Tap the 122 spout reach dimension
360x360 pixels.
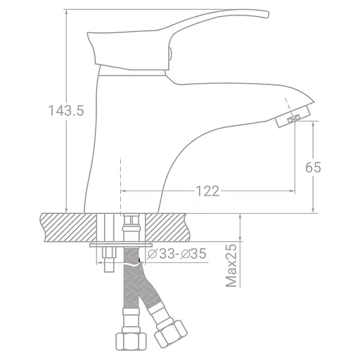coord(207,191)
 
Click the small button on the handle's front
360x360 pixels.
coord(169,55)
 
